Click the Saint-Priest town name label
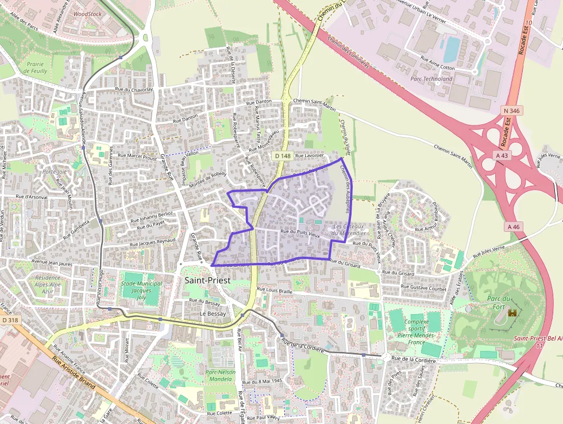tap(207, 280)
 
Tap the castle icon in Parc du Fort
tap(512, 313)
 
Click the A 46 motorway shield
tap(514, 227)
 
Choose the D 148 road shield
tap(281, 156)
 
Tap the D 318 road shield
tap(9, 320)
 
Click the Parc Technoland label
tap(431, 79)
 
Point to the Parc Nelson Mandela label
tap(221, 376)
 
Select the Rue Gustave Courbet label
tap(423, 286)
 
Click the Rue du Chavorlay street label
tap(134, 90)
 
